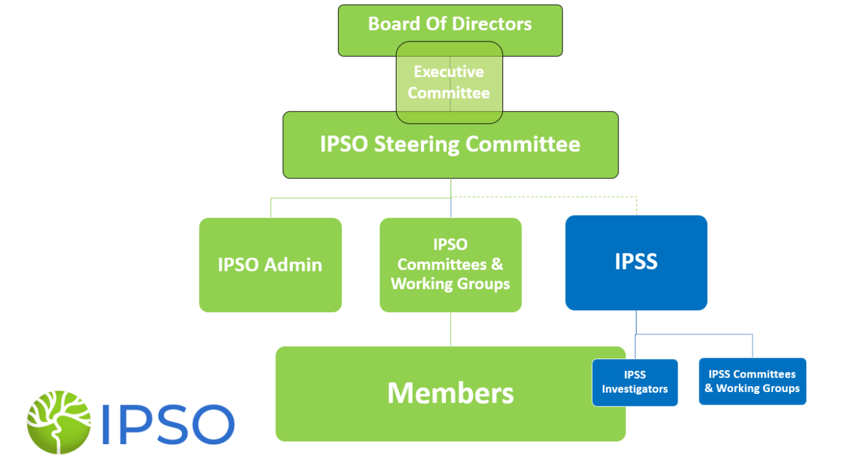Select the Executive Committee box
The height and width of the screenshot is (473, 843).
[449, 82]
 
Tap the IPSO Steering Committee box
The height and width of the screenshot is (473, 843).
[450, 145]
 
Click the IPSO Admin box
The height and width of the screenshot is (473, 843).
[270, 265]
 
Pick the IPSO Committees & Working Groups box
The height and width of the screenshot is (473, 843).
[450, 265]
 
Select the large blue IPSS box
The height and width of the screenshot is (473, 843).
[636, 262]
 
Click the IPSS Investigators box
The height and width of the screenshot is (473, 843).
[635, 382]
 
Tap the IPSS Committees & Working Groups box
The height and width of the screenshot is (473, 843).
[752, 381]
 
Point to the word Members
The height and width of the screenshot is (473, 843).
[450, 393]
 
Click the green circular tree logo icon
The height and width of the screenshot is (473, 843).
[59, 422]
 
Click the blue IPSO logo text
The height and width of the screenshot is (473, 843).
[168, 424]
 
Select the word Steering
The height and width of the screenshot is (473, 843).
[418, 144]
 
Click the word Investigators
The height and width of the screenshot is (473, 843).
[635, 389]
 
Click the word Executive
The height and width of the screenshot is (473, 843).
[449, 72]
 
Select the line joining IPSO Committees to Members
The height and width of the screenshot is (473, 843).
[450, 329]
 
